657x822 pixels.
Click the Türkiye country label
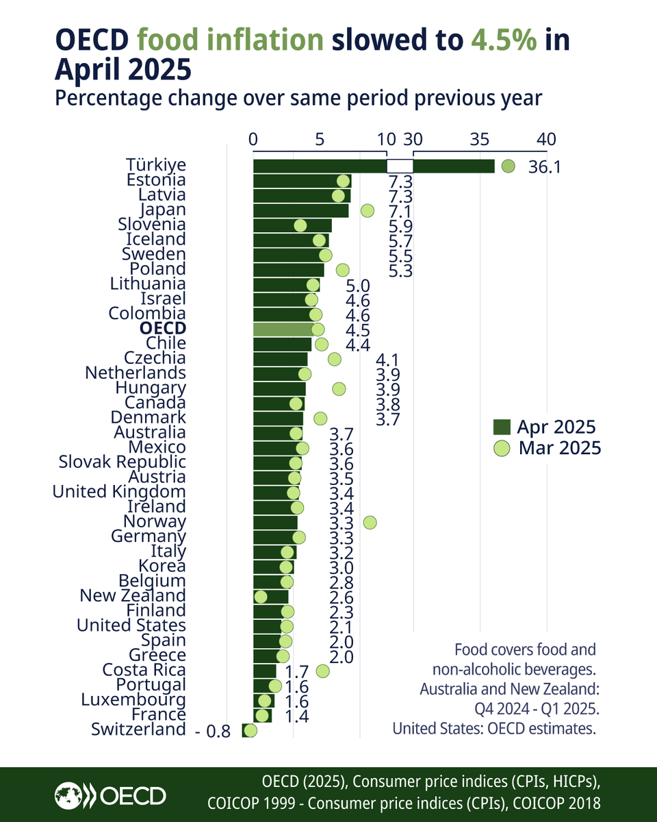(156, 165)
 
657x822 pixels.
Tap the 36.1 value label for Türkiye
(545, 166)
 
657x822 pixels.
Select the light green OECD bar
(284, 329)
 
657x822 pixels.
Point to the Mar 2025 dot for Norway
(370, 523)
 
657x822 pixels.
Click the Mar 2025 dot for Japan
(368, 210)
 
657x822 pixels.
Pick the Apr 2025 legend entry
(544, 427)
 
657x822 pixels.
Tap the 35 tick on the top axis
(480, 139)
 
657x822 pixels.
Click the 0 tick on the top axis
(253, 139)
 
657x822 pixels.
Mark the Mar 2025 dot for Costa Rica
(323, 671)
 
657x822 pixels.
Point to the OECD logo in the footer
(110, 796)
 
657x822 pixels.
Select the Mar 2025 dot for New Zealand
(261, 597)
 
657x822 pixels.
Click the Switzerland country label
(138, 730)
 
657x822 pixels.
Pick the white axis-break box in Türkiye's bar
(400, 166)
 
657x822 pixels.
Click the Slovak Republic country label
(122, 462)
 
